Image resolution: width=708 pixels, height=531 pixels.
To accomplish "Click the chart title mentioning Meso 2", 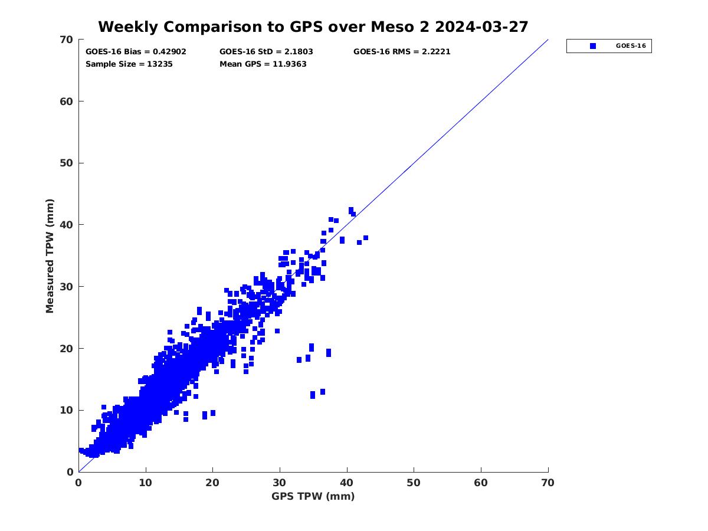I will tap(313, 27).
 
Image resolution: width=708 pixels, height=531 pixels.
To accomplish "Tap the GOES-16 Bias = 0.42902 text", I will tap(136, 51).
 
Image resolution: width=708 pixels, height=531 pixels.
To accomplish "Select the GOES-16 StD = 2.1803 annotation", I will tap(266, 51).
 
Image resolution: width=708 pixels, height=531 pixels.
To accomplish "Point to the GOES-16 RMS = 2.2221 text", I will tap(402, 51).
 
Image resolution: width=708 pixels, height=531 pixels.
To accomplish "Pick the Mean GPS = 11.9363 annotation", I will tap(263, 64).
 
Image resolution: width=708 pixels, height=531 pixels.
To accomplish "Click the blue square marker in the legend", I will tap(593, 46).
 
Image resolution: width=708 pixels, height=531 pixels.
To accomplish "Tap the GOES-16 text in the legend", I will tap(631, 46).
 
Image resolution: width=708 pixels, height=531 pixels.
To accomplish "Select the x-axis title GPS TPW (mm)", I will tap(313, 496).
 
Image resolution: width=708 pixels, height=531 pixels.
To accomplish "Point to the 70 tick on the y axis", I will tap(67, 40).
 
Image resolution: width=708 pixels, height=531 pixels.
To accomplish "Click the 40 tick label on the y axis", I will tap(67, 225).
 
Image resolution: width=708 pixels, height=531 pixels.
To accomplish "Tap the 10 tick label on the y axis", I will tap(67, 410).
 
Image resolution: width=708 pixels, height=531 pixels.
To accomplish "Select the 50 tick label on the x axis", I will tap(414, 483).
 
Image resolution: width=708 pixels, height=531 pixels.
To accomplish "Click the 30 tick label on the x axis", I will tap(280, 483).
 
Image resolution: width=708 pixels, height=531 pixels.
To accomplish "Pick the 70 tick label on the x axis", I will tap(548, 483).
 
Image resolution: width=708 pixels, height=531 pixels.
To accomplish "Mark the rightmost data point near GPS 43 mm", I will tap(366, 238).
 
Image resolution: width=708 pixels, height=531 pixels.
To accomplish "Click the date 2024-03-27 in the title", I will tap(478, 27).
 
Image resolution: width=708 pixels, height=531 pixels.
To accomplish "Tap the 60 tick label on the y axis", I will tap(67, 101).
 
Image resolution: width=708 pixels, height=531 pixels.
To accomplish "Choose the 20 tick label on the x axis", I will tap(212, 483).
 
